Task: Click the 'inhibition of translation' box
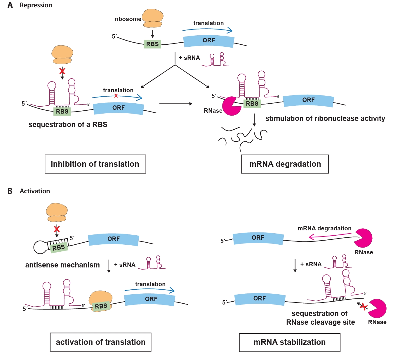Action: (95, 164)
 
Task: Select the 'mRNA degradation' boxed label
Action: (285, 164)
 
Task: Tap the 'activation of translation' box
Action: (100, 342)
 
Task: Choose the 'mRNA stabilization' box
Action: (289, 342)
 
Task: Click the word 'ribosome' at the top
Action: (128, 19)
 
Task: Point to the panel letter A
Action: (10, 5)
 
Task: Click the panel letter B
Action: (10, 191)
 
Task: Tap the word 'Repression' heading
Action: (36, 5)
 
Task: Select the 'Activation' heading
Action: (35, 191)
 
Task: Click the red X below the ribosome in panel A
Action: (62, 71)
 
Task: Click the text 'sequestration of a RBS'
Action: (68, 125)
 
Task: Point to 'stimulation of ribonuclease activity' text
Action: (325, 119)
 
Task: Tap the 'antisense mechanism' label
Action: (62, 265)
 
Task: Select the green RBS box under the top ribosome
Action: (152, 44)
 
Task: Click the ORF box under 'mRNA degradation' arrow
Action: (258, 238)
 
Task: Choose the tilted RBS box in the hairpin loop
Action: (59, 248)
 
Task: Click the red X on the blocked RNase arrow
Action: (363, 307)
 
